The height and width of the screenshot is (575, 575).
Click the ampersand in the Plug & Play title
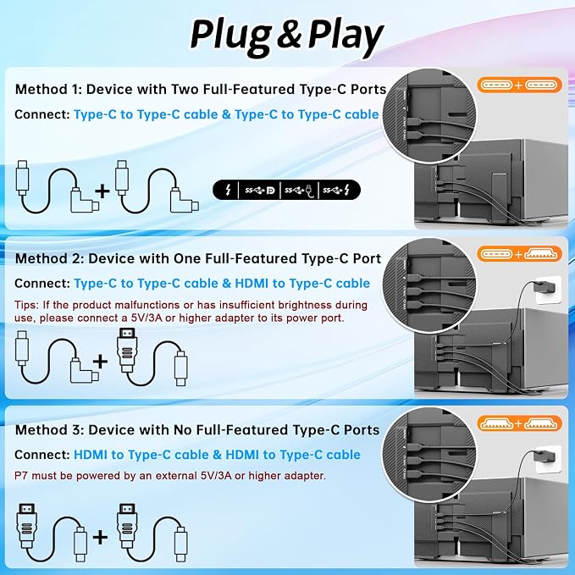[289, 35]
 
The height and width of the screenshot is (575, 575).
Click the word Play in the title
[345, 36]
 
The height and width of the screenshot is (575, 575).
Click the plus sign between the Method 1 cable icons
[102, 191]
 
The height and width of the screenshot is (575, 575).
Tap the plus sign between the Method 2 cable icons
[100, 362]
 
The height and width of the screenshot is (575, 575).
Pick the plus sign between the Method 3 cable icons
[100, 537]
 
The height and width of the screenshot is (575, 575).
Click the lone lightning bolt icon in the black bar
[228, 190]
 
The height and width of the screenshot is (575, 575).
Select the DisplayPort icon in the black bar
[271, 191]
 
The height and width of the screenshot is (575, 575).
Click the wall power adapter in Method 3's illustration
[547, 459]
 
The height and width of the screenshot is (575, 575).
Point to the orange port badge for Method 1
[520, 85]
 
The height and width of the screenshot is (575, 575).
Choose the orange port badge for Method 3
[520, 423]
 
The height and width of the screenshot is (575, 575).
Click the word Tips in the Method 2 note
[26, 305]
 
